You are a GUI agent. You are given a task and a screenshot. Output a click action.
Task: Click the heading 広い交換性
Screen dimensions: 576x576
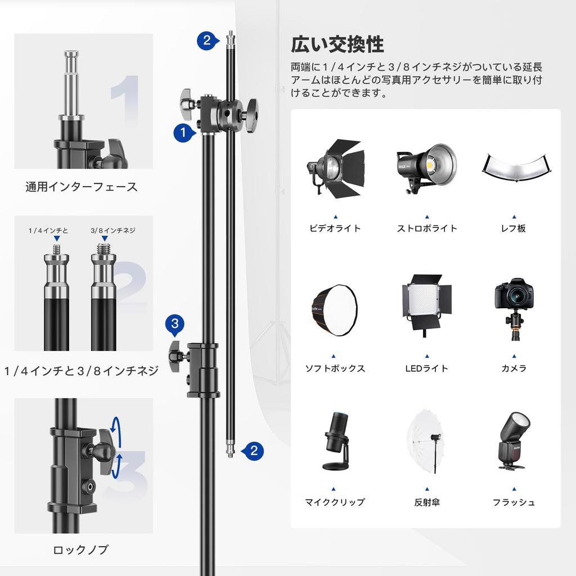click(337, 44)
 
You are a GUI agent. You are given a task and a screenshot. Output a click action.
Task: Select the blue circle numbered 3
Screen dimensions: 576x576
click(175, 323)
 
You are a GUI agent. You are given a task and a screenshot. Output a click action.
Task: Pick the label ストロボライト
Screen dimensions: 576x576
click(427, 228)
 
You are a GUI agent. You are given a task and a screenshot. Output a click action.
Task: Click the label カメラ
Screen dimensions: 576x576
click(514, 368)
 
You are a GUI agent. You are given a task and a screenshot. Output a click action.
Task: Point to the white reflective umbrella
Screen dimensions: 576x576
click(426, 442)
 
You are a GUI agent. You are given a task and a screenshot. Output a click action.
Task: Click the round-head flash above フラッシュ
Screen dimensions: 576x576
click(513, 441)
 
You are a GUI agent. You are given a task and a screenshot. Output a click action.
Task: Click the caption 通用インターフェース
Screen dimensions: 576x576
click(81, 187)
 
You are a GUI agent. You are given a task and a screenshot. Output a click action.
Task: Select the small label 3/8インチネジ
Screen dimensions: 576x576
click(112, 231)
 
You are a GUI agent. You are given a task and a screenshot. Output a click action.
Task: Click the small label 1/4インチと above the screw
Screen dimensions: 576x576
click(48, 231)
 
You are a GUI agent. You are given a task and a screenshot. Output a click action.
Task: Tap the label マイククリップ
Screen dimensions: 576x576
click(335, 502)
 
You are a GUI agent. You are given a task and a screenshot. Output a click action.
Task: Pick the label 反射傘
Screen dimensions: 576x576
click(427, 502)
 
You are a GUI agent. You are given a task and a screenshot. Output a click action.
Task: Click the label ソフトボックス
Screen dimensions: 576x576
click(335, 368)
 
